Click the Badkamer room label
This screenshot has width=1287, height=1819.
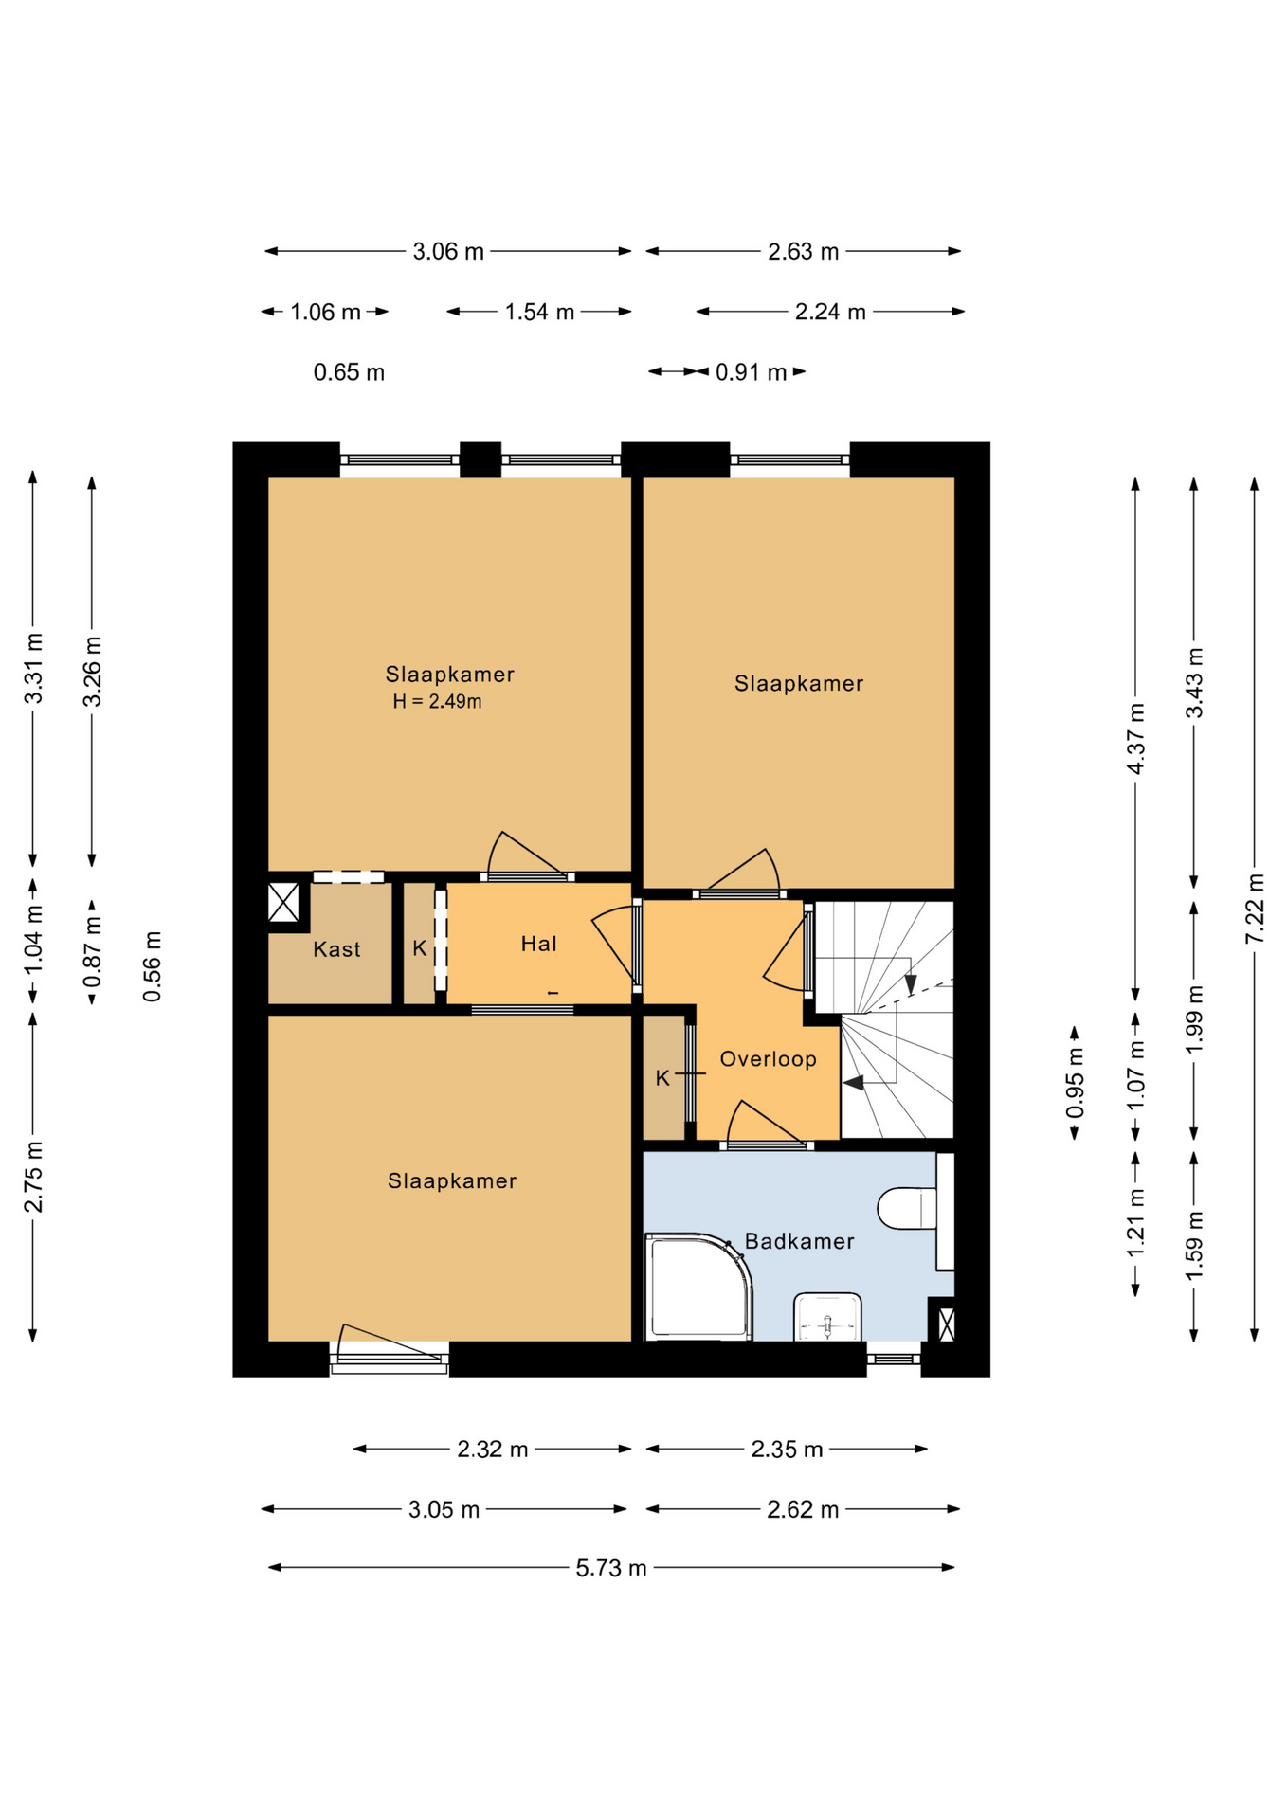pyautogui.click(x=799, y=1241)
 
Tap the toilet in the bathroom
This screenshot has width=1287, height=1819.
pyautogui.click(x=908, y=1208)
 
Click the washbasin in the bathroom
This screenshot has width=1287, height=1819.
pyautogui.click(x=828, y=1317)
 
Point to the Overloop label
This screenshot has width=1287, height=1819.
pyautogui.click(x=768, y=1059)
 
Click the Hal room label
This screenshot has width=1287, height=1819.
pyautogui.click(x=539, y=944)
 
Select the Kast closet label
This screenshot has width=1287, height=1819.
pyautogui.click(x=337, y=949)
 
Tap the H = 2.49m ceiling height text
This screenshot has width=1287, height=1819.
pyautogui.click(x=437, y=702)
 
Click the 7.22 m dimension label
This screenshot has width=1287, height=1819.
pyautogui.click(x=1255, y=908)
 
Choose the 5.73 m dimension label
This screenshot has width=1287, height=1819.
pyautogui.click(x=611, y=1568)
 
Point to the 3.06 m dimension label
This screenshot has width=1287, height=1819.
pyautogui.click(x=448, y=252)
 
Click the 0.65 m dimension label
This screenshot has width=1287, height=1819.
pyautogui.click(x=349, y=372)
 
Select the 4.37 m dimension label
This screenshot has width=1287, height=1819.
pyautogui.click(x=1135, y=738)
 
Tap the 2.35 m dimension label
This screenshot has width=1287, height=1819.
pyautogui.click(x=787, y=1450)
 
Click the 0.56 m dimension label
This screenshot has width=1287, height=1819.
pyautogui.click(x=152, y=966)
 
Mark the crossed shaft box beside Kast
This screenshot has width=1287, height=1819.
pyautogui.click(x=283, y=902)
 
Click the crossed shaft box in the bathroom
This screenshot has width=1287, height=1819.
pyautogui.click(x=945, y=1324)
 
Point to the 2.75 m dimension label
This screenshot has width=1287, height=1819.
pyautogui.click(x=33, y=1177)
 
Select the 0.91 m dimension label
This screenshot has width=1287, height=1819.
pyautogui.click(x=751, y=372)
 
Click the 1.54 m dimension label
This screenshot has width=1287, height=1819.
pyautogui.click(x=539, y=313)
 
